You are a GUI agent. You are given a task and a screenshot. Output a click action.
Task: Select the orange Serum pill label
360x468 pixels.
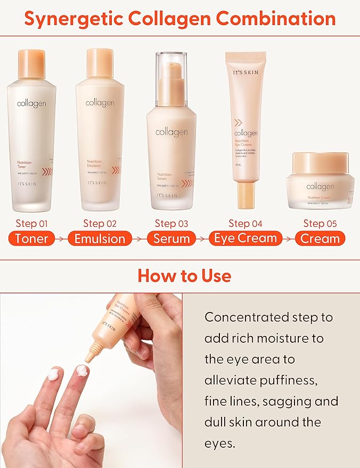pos(171,238)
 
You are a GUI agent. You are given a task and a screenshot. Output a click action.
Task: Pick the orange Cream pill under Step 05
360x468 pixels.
pos(320,238)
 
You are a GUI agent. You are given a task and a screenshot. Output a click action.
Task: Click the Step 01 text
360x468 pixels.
pos(32,223)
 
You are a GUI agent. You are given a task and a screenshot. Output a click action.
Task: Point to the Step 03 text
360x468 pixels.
pos(172,223)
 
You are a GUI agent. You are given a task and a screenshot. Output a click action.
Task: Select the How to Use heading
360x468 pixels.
pos(184,275)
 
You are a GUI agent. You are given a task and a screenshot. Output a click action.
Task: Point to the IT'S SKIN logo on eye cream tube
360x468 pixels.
pos(246,70)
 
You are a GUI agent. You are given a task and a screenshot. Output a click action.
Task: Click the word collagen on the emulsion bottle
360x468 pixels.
pos(100,102)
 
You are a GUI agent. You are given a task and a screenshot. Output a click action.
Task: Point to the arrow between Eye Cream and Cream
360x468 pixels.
pos(289,239)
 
